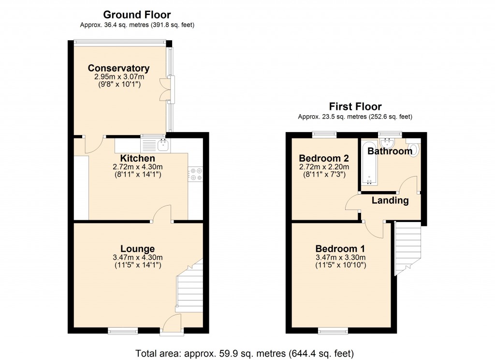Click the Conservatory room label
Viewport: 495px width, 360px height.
[x=118, y=68]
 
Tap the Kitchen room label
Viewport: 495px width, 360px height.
[x=138, y=158]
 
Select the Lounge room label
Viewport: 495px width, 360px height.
[x=138, y=249]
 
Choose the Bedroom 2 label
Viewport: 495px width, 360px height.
[x=323, y=158]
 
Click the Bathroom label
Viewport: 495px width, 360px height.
[x=390, y=151]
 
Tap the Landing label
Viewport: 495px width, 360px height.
[x=390, y=200]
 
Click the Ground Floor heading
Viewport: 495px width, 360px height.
[x=137, y=15]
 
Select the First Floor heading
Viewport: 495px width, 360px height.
[x=355, y=106]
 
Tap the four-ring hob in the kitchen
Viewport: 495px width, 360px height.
[x=196, y=174]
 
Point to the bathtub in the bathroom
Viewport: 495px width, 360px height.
[x=369, y=162]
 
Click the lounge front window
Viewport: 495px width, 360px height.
[x=122, y=331]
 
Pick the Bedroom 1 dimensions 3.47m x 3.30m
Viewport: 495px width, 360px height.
[x=340, y=257]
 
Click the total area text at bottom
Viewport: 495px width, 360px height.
[x=247, y=352]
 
